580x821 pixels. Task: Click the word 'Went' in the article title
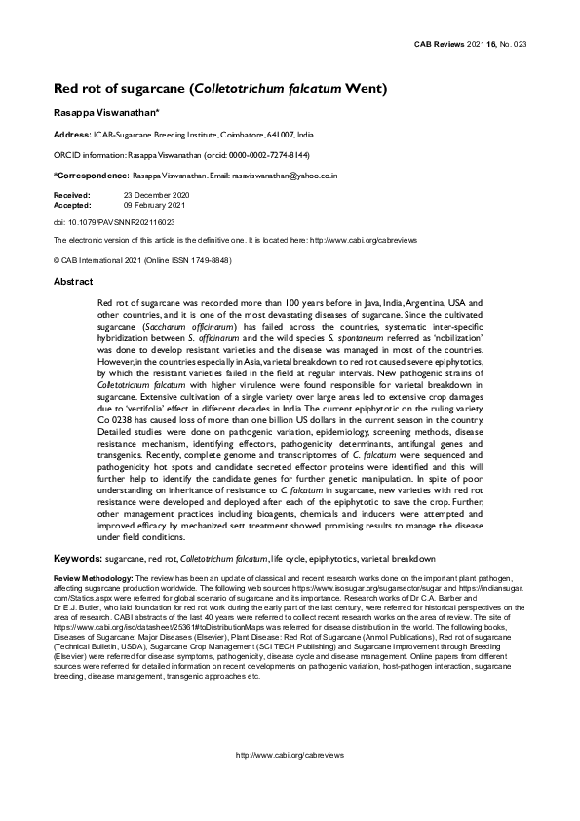tap(367, 90)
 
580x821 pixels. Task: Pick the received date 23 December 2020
tap(156, 195)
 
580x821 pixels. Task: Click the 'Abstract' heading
tap(73, 281)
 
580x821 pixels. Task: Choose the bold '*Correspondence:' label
tap(90, 175)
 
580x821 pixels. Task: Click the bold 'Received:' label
tap(71, 195)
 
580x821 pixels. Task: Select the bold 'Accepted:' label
tap(71, 205)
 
